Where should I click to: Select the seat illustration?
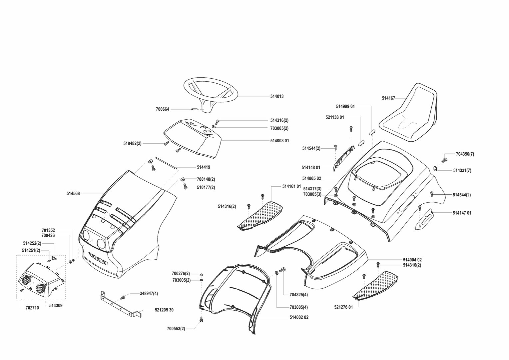tap(410, 113)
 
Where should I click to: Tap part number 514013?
tap(277, 96)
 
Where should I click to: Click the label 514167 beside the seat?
tap(388, 98)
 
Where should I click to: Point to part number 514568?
tap(73, 193)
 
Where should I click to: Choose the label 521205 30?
tap(164, 310)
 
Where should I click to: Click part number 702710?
tap(33, 308)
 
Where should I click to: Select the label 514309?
tap(56, 305)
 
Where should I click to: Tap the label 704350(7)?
tap(465, 154)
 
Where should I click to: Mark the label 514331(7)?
tap(462, 170)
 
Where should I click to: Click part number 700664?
tap(163, 109)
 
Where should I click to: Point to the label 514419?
tap(203, 167)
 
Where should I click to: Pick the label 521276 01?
tap(343, 307)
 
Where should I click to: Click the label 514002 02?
tap(299, 317)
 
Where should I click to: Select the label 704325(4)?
tap(298, 295)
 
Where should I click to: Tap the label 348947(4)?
tap(149, 294)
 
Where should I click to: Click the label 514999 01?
tap(345, 106)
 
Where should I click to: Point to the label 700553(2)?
tap(176, 329)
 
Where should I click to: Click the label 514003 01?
tap(279, 141)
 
